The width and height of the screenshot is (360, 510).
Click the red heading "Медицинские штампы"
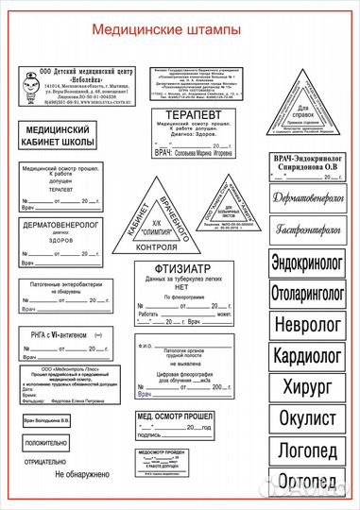tap(166, 30)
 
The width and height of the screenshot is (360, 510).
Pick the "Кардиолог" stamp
tap(307, 357)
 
